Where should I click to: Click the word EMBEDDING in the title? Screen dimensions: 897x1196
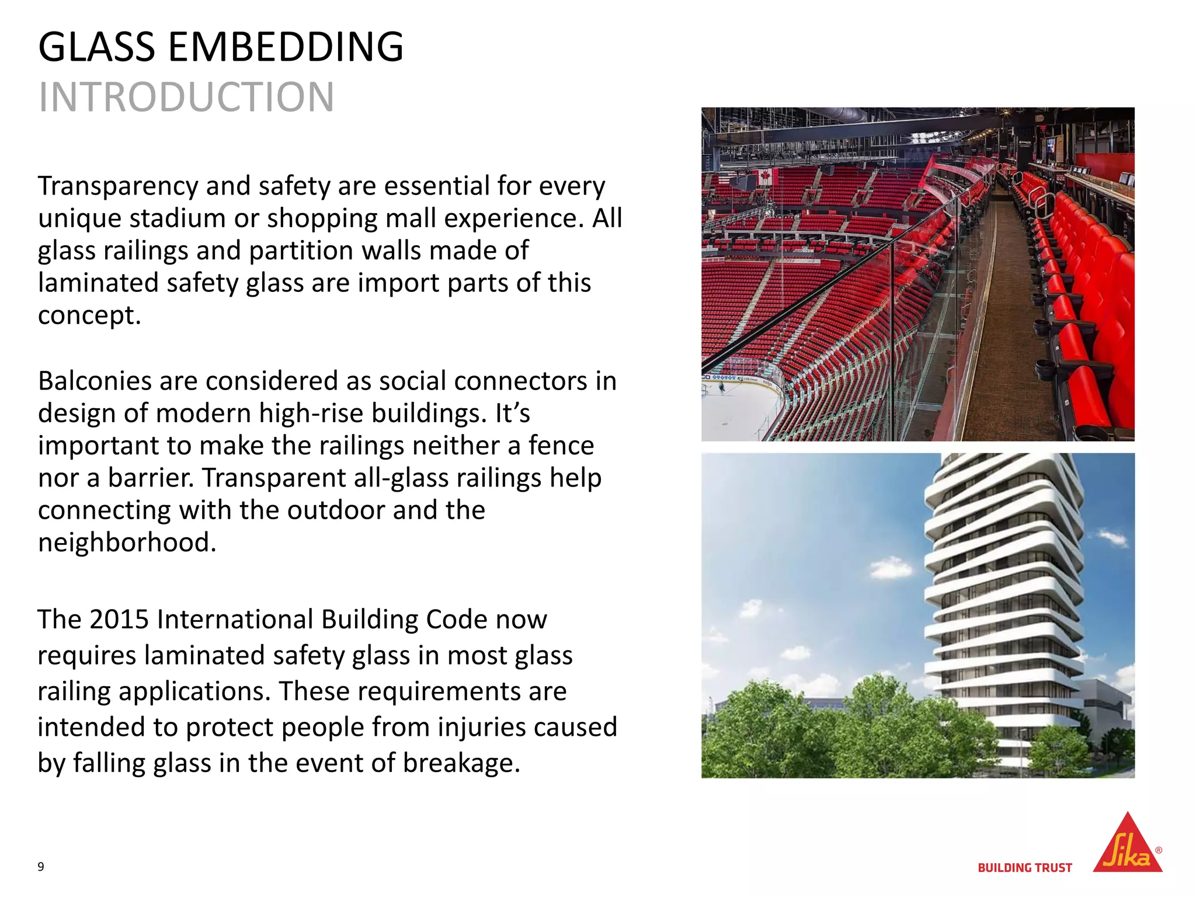[286, 47]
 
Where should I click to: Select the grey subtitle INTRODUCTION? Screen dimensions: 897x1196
[186, 97]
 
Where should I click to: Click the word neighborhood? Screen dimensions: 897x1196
[127, 543]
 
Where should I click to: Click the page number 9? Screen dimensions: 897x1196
[41, 867]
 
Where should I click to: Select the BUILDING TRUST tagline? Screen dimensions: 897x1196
[1025, 868]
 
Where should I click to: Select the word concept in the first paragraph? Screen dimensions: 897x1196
[89, 316]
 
